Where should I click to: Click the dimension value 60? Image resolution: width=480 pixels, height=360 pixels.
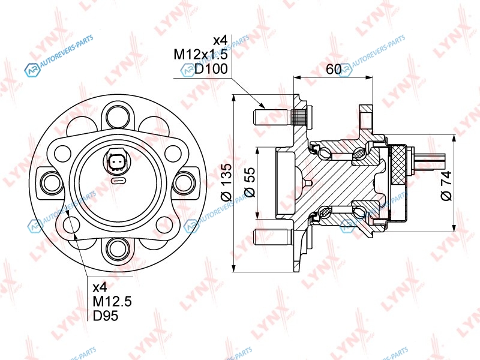click(334, 70)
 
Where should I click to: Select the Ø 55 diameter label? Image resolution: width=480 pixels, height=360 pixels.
click(250, 182)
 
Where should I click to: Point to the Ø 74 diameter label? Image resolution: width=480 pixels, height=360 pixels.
click(446, 186)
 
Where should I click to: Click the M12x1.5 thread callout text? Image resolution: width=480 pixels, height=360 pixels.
click(201, 55)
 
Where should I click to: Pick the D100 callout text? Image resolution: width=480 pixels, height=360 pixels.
click(211, 69)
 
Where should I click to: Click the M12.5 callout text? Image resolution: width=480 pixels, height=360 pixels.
click(112, 302)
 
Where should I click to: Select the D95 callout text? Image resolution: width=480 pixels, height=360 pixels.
click(106, 316)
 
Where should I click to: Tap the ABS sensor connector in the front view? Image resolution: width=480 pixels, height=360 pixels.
click(118, 161)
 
